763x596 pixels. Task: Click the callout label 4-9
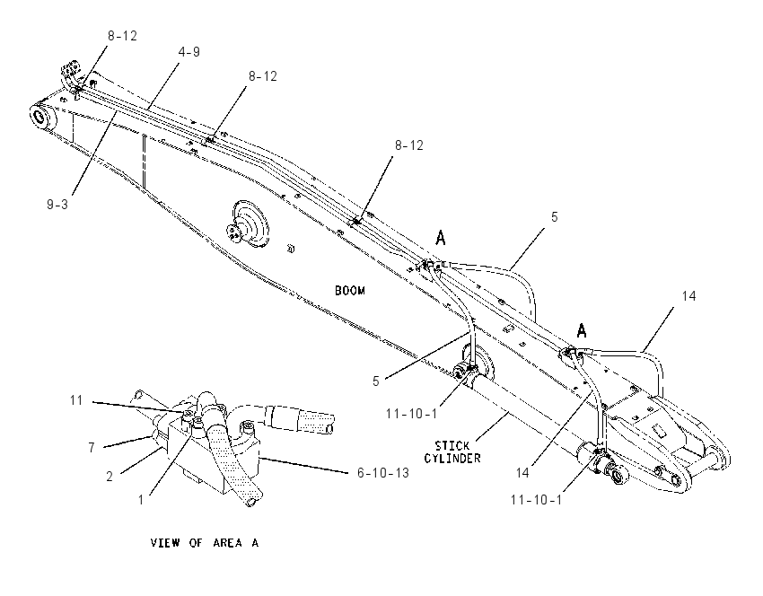[x=189, y=51]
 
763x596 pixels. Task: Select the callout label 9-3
[x=57, y=205]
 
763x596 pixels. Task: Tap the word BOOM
[x=350, y=291]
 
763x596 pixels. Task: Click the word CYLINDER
[x=452, y=458]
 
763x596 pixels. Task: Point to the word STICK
[x=452, y=445]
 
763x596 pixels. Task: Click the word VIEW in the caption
[x=165, y=542]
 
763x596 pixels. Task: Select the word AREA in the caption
[x=227, y=542]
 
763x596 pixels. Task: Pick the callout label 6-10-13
[x=383, y=472]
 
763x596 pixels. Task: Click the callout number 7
[x=92, y=448]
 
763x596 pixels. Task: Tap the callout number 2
[x=110, y=477]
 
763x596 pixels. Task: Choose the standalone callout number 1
[x=141, y=500]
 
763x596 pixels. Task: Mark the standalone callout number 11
[x=76, y=400]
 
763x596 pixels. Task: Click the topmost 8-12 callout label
[x=123, y=36]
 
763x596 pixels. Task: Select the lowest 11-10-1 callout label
[x=536, y=500]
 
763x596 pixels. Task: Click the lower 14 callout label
[x=522, y=472]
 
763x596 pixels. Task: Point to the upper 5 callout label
[x=554, y=217]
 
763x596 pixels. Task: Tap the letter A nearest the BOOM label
[x=440, y=238]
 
